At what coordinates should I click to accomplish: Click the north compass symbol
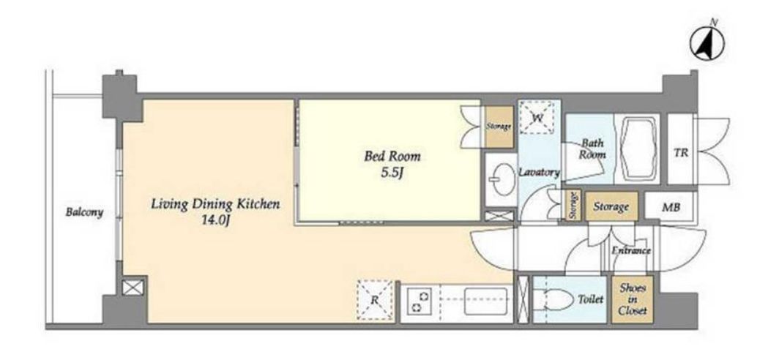pyautogui.click(x=707, y=42)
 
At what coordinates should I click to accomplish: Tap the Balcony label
pyautogui.click(x=85, y=213)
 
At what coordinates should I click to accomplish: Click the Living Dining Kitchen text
pyautogui.click(x=215, y=203)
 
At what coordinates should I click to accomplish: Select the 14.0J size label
pyautogui.click(x=216, y=220)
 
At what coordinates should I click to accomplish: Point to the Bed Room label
pyautogui.click(x=392, y=157)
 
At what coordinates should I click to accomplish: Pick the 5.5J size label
pyautogui.click(x=392, y=173)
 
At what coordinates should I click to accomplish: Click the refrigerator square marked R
pyautogui.click(x=376, y=300)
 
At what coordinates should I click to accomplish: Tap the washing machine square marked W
pyautogui.click(x=537, y=118)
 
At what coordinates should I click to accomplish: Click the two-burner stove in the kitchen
pyautogui.click(x=420, y=301)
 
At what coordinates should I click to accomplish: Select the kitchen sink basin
pyautogui.click(x=485, y=301)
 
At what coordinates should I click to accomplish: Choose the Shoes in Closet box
pyautogui.click(x=633, y=300)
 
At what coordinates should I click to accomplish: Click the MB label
pyautogui.click(x=671, y=207)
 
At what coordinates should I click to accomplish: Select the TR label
pyautogui.click(x=681, y=153)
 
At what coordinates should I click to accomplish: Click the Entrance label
pyautogui.click(x=631, y=251)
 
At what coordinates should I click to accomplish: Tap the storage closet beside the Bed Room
pyautogui.click(x=499, y=127)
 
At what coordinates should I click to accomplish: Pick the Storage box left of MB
pyautogui.click(x=611, y=206)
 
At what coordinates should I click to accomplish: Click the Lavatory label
pyautogui.click(x=539, y=172)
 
